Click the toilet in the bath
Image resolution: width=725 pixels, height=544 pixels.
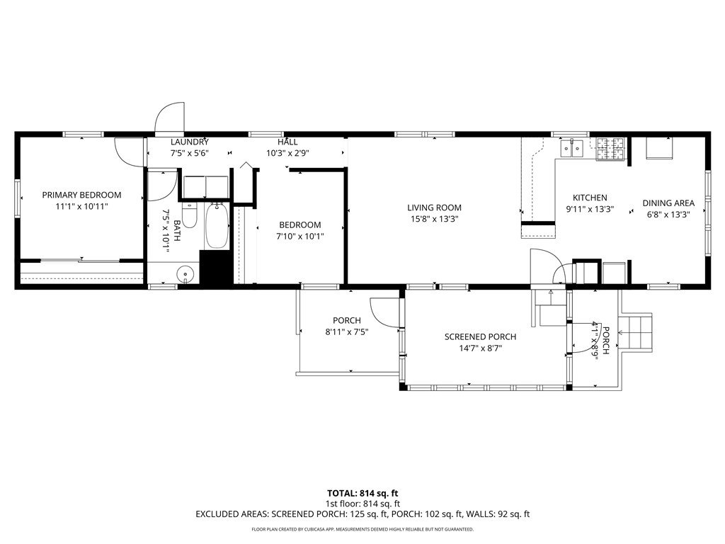[x=189, y=215]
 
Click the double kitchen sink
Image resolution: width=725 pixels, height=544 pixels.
[x=571, y=148]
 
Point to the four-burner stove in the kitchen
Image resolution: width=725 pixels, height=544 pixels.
[x=610, y=148]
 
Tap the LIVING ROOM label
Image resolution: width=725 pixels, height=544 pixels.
[x=434, y=208]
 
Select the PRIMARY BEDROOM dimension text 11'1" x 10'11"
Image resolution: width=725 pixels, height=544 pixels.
[x=81, y=207]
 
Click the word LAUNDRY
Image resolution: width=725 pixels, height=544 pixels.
[x=189, y=142]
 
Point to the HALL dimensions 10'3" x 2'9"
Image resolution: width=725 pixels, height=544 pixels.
[x=287, y=153]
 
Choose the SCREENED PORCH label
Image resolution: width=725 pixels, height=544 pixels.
[x=480, y=336]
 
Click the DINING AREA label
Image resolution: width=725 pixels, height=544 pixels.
[x=668, y=203]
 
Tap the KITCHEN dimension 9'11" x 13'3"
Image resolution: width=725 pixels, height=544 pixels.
[x=589, y=210]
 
